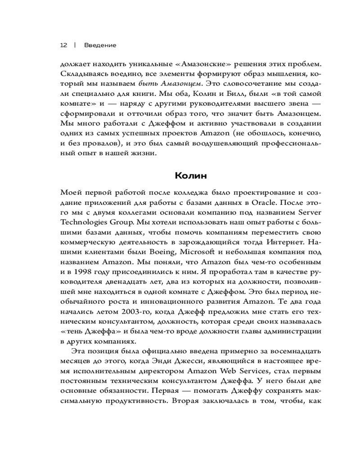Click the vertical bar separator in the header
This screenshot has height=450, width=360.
74,45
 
